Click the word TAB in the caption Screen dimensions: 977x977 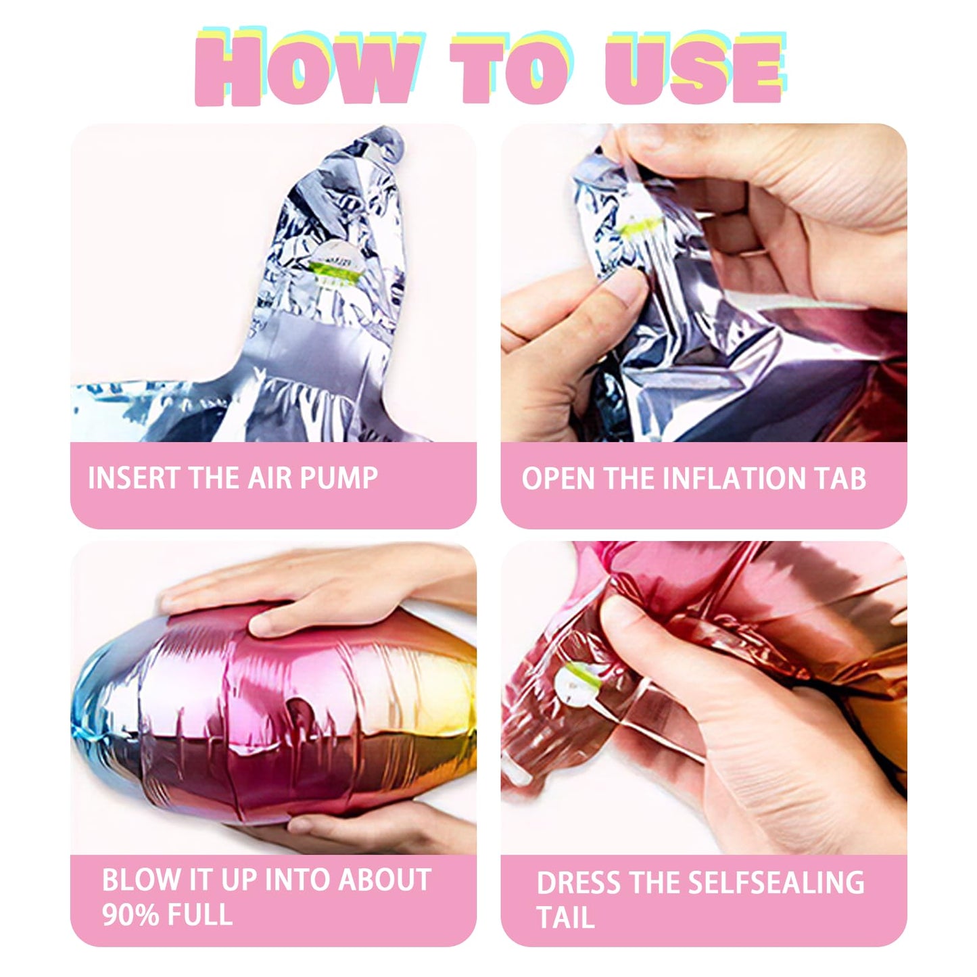(842, 478)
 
